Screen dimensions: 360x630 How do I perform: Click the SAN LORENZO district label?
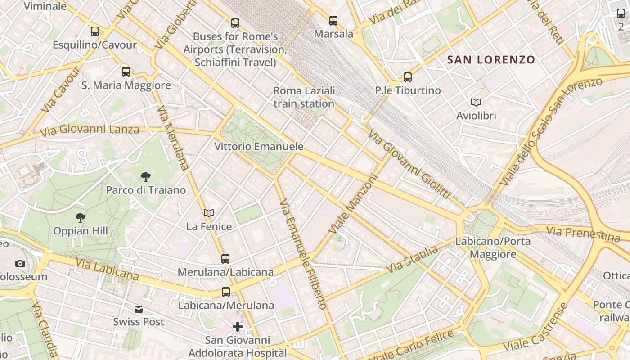[491, 59]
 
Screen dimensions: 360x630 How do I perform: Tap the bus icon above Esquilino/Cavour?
[94, 31]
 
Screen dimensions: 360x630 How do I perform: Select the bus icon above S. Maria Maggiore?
[126, 72]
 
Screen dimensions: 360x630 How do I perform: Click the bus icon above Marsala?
[333, 20]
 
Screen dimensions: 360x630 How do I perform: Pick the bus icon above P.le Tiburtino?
[408, 77]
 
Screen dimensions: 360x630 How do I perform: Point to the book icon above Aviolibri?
[476, 102]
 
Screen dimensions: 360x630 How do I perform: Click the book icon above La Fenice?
[209, 213]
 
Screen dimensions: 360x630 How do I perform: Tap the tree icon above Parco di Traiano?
[145, 176]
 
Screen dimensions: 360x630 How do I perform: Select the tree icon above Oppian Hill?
[81, 218]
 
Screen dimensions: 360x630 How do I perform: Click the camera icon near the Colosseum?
[20, 263]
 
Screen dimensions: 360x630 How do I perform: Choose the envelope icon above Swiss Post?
[139, 309]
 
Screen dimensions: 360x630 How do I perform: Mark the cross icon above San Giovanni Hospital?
[238, 326]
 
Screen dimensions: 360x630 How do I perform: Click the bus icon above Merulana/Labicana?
[225, 258]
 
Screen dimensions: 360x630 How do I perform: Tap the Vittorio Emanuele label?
[259, 147]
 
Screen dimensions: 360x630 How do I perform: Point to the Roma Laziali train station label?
[304, 97]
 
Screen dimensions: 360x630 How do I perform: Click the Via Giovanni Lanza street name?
[90, 130]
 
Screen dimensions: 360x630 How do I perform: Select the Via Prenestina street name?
[583, 234]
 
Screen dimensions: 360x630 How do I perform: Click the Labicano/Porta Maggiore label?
[493, 247]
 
